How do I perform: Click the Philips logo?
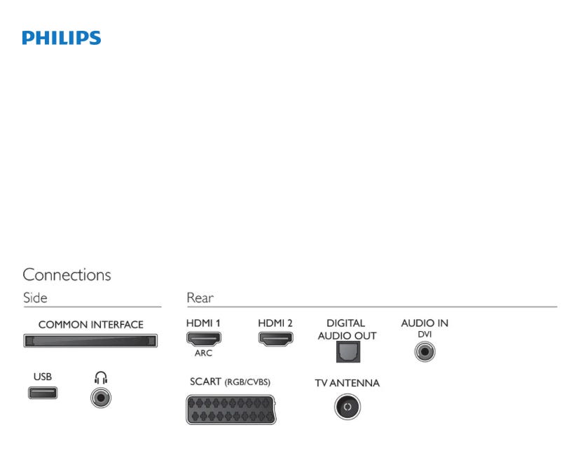[x=62, y=39]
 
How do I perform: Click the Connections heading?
[x=67, y=274]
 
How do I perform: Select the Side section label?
[x=35, y=298]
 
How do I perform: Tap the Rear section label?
[x=200, y=298]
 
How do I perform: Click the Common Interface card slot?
[x=90, y=341]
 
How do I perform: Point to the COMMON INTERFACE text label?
[x=90, y=325]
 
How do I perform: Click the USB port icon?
[x=43, y=392]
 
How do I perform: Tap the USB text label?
[x=43, y=377]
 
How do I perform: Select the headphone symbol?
[x=101, y=378]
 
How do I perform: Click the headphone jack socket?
[x=101, y=398]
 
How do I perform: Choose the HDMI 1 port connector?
[x=203, y=340]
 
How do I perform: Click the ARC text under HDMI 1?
[x=203, y=354]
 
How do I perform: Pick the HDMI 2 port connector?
[x=275, y=340]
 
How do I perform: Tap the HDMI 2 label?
[x=275, y=323]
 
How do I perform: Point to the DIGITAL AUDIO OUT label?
[x=347, y=329]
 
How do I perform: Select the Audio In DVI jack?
[x=424, y=349]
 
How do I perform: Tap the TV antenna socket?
[x=347, y=405]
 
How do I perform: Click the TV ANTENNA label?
[x=347, y=383]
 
